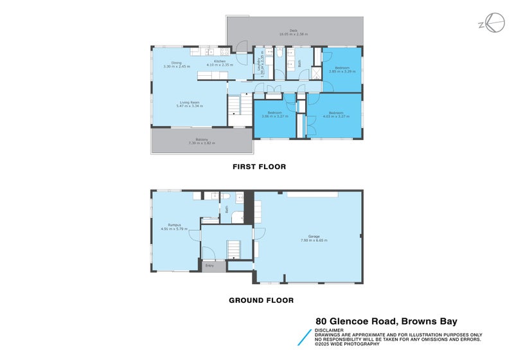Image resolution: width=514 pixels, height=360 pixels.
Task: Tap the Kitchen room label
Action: [x=219, y=61]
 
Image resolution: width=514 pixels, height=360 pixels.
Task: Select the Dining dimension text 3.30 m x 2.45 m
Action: [x=177, y=66]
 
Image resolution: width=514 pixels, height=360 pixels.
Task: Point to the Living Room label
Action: [x=190, y=102]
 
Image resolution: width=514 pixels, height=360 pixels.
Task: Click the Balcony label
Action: [x=202, y=139]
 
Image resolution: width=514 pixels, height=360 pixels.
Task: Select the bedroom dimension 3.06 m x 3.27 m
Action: [x=275, y=116]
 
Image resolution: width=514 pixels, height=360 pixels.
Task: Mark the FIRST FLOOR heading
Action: [x=259, y=166]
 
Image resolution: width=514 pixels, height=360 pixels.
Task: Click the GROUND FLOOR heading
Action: [x=261, y=300]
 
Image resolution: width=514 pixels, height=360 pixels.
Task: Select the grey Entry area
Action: [x=209, y=265]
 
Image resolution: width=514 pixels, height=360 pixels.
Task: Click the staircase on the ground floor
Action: [x=233, y=247]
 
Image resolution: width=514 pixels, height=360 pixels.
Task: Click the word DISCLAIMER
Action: [x=329, y=330]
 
